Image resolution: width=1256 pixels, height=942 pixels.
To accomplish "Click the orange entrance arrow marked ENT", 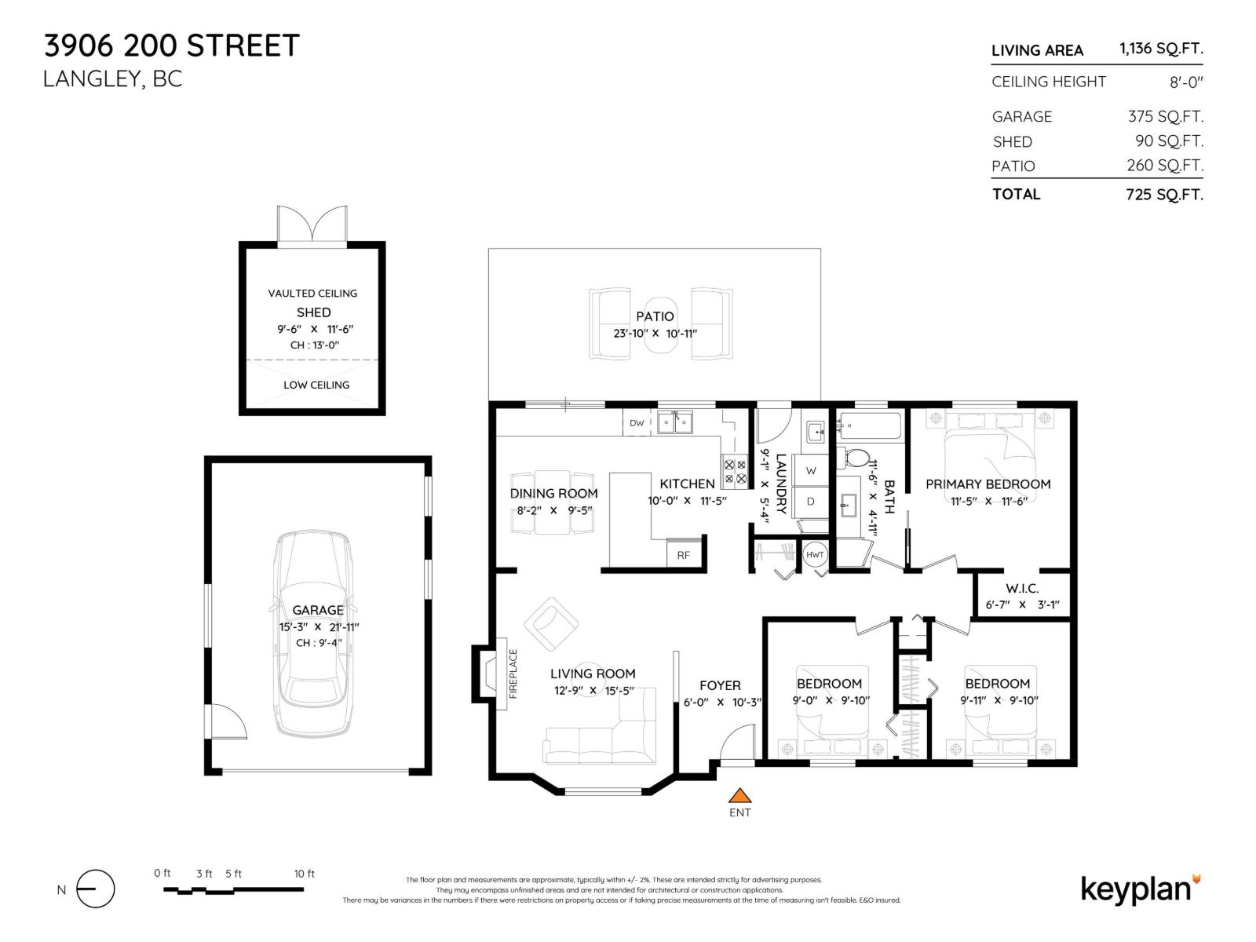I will tap(739, 796).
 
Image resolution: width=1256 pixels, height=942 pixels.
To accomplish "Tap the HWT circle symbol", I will tap(815, 554).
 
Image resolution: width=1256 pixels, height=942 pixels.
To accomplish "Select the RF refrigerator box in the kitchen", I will tap(684, 554).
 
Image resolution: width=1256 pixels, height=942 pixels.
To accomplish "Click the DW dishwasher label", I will tap(637, 423).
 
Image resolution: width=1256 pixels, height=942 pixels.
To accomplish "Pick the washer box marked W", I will tap(811, 471).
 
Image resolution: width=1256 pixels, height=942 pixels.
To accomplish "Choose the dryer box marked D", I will tap(811, 502).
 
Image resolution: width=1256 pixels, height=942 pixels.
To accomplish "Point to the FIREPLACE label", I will tap(513, 674).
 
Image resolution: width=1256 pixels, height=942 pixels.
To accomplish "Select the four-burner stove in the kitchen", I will tap(735, 471).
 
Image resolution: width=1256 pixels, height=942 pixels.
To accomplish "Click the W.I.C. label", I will tap(1022, 588).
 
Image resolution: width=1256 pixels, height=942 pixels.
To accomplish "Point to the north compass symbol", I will tap(96, 889).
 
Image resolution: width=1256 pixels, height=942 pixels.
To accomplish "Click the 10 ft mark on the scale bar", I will tap(304, 874).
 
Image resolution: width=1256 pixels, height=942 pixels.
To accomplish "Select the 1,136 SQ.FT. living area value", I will tap(1160, 49).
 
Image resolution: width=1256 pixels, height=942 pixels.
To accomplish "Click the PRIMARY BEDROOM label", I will tap(988, 484).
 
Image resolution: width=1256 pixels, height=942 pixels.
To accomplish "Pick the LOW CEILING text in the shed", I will tap(316, 385).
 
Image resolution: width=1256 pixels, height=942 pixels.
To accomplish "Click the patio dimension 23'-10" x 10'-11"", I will tap(655, 333).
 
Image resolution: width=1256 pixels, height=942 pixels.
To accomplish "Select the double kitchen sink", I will tap(675, 423).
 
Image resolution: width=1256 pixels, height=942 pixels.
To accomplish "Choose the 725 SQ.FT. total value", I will tap(1163, 195).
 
